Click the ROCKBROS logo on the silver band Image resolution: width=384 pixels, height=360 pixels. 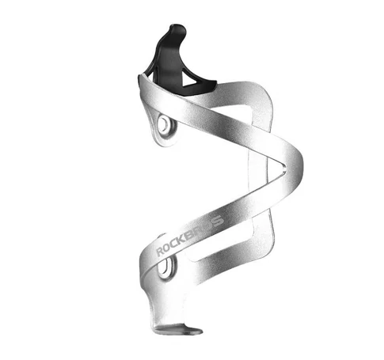[x=190, y=236]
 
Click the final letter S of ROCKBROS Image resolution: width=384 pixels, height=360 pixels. [x=219, y=221]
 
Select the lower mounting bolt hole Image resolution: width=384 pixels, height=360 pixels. [x=165, y=266]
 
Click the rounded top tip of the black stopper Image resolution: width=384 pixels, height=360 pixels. [x=177, y=28]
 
